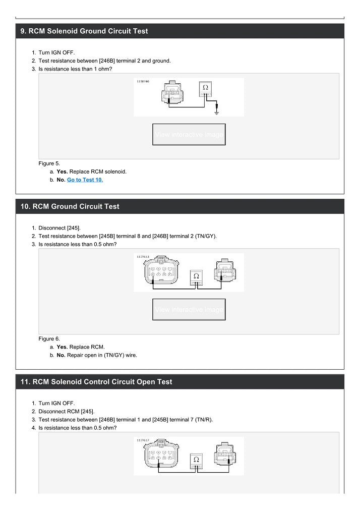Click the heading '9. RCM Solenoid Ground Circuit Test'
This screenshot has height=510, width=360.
tap(84, 31)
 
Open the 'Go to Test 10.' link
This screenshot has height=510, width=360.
tap(85, 180)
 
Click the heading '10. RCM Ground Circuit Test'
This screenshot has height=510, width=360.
tap(70, 206)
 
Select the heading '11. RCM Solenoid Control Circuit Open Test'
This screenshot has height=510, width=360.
tap(96, 382)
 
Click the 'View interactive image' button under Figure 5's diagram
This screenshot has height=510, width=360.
tap(189, 135)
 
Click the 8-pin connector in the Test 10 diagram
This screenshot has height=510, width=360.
tap(161, 272)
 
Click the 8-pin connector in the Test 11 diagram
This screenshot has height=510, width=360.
tap(161, 456)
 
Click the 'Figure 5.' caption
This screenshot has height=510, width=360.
tap(49, 163)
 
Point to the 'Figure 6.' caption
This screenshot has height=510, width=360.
tap(49, 338)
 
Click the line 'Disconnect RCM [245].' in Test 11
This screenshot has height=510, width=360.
tap(67, 411)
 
